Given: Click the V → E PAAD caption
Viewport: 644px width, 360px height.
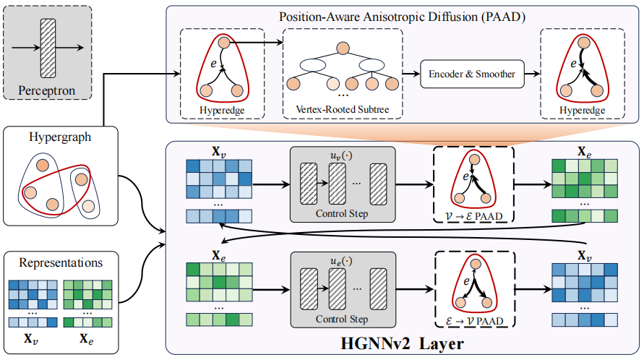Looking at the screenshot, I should (x=473, y=216).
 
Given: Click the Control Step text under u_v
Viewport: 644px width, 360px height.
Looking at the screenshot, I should (x=342, y=213).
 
